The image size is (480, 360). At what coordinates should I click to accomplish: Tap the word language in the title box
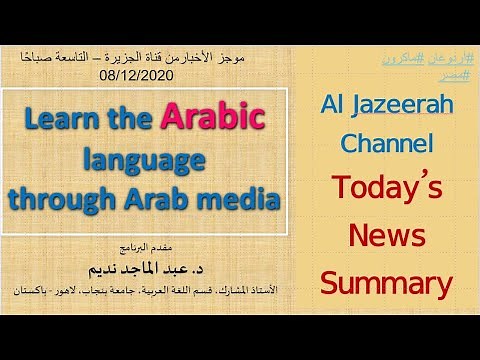pyautogui.click(x=146, y=159)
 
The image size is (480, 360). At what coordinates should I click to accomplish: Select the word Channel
pyautogui.click(x=387, y=143)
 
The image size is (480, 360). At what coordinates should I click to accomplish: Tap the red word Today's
pyautogui.click(x=387, y=188)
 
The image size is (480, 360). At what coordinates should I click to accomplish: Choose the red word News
pyautogui.click(x=387, y=236)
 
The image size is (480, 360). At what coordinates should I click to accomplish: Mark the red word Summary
pyautogui.click(x=387, y=284)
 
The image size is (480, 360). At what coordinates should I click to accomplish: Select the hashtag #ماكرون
pyautogui.click(x=443, y=60)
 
